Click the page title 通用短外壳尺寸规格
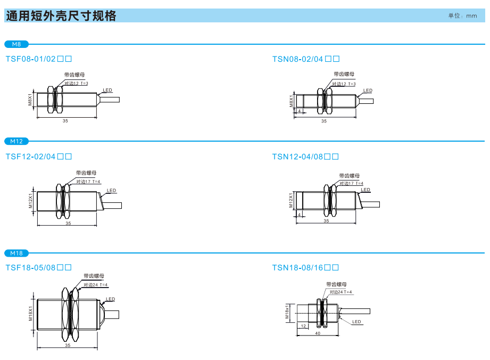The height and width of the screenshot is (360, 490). [61, 16]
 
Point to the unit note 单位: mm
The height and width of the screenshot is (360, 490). [462, 16]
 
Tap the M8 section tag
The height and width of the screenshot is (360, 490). [16, 44]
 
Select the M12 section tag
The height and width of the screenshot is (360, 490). [16, 141]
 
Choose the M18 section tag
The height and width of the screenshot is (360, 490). [16, 253]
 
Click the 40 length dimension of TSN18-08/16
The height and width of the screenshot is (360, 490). [318, 333]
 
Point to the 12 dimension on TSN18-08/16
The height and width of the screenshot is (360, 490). [303, 325]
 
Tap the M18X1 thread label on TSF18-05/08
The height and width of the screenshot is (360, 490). [30, 313]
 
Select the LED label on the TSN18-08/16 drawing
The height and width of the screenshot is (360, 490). [356, 322]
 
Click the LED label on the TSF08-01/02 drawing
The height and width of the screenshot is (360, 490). [107, 91]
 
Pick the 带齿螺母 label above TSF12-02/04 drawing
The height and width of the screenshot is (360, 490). [86, 173]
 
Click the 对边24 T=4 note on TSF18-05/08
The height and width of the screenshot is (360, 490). [96, 285]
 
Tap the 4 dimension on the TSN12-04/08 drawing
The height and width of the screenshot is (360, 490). [300, 214]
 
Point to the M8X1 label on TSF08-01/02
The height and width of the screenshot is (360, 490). [30, 99]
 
